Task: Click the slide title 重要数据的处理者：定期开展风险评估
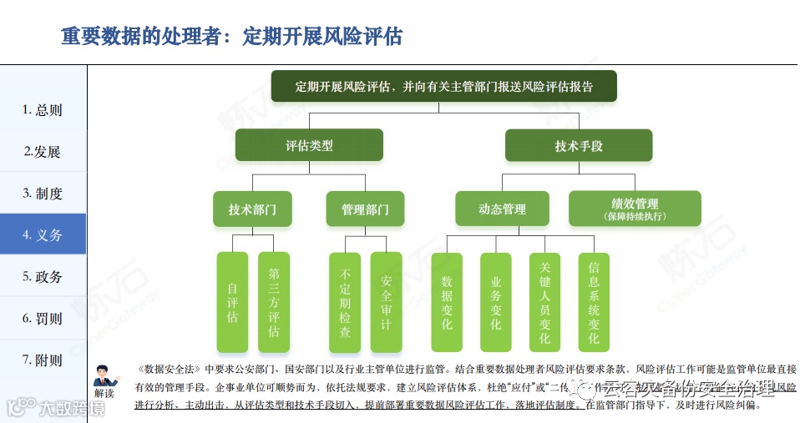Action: tap(231, 37)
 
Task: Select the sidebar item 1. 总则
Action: tap(43, 110)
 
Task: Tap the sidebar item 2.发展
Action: tap(43, 152)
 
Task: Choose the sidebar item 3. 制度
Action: tap(43, 194)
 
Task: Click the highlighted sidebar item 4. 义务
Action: tap(43, 234)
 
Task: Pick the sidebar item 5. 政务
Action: tap(43, 276)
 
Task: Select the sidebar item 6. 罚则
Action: tap(43, 318)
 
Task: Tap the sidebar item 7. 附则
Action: tap(43, 360)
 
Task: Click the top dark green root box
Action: tap(443, 86)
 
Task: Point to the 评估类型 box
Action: tap(309, 145)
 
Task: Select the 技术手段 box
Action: tap(578, 146)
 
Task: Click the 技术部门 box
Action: tap(252, 209)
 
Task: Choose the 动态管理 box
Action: tap(502, 209)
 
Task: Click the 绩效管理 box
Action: tap(635, 209)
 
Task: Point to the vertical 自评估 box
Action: tap(232, 302)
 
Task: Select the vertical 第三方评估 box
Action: tap(274, 302)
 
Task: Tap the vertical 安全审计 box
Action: tap(386, 302)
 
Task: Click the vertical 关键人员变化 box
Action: tap(544, 302)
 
